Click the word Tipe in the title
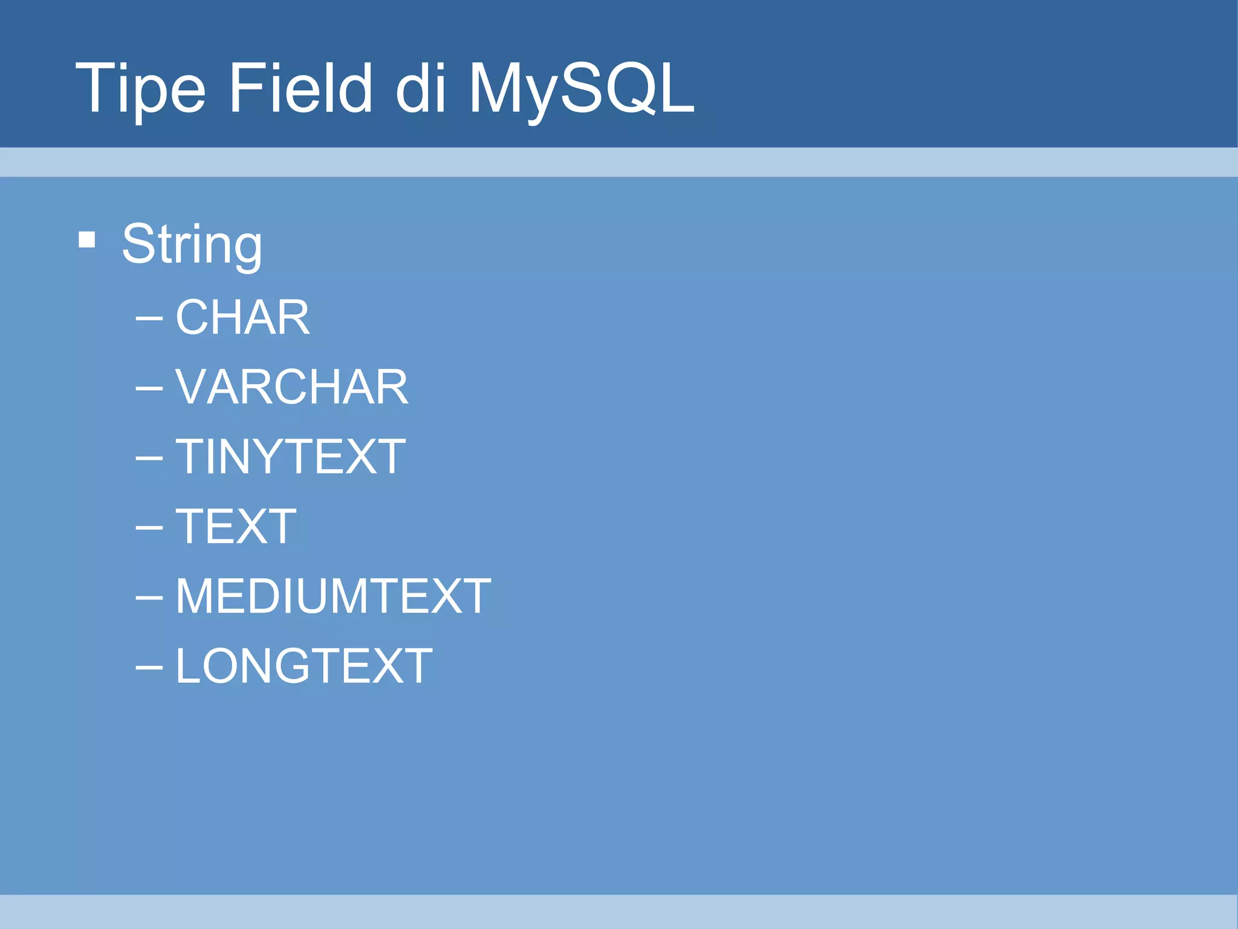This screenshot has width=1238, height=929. [140, 90]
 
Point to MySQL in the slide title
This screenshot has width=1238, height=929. [582, 90]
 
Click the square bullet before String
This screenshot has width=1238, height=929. [87, 240]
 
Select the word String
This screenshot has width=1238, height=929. [192, 244]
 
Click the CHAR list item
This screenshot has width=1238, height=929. [242, 317]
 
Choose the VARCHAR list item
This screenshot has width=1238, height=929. [291, 387]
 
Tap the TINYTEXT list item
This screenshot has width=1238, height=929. [290, 457]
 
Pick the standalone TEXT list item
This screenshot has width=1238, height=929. [236, 526]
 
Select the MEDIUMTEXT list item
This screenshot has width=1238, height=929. [333, 596]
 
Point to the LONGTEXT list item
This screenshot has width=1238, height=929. [304, 666]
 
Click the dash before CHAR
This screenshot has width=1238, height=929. [149, 318]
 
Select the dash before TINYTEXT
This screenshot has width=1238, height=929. [149, 458]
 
